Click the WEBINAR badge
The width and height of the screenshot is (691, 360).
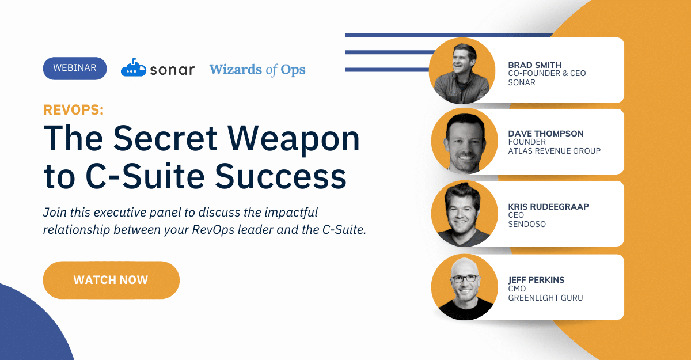tap(75, 68)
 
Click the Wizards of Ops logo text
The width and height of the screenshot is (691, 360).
tap(257, 70)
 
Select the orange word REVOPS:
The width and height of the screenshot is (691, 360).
tap(74, 109)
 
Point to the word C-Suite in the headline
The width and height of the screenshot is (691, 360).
tap(145, 176)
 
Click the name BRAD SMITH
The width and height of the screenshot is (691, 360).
tap(534, 65)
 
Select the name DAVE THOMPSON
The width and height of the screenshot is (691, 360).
tap(546, 134)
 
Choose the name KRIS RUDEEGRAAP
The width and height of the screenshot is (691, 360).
tap(548, 206)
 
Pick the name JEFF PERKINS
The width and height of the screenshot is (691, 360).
tap(536, 280)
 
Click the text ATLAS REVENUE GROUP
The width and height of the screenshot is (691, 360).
tap(555, 151)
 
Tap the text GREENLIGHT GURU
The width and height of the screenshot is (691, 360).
tap(545, 298)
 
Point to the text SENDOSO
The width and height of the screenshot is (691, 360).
tap(527, 224)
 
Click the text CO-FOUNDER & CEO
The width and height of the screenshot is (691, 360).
tap(547, 73)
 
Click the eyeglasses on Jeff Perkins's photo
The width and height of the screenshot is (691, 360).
tap(464, 279)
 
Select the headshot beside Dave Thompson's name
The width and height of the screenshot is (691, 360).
tap(465, 141)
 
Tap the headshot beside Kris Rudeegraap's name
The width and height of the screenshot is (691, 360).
tap(465, 214)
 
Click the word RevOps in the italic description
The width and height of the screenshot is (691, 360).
tap(213, 229)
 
